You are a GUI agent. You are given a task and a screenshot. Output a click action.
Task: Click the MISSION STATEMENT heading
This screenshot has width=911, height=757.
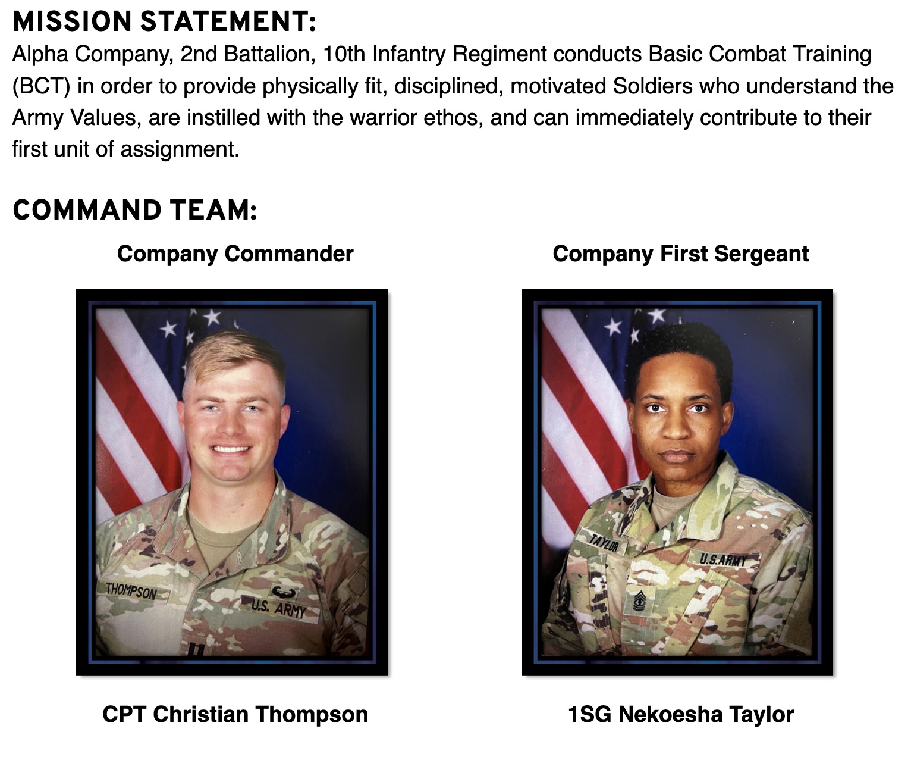click(x=164, y=22)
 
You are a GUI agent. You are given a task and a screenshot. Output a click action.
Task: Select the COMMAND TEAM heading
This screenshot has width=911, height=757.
click(x=135, y=210)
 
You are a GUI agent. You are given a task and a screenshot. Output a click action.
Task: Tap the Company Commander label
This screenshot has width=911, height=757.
click(x=235, y=254)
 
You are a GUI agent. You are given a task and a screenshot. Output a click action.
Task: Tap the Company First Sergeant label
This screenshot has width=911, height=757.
click(x=681, y=254)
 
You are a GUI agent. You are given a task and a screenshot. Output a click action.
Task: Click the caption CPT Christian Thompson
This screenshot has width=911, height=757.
click(x=235, y=715)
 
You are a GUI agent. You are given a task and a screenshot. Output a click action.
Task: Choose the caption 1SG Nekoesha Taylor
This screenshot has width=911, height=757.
click(x=681, y=715)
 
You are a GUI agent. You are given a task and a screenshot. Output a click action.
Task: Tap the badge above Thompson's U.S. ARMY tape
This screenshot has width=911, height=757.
click(x=283, y=592)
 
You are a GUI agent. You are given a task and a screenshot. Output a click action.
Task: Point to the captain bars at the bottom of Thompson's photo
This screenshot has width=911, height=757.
click(x=196, y=651)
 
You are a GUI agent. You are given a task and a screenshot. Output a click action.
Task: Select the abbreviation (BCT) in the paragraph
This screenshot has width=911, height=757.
click(x=42, y=86)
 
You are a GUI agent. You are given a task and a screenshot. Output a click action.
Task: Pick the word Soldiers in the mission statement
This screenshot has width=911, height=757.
click(x=653, y=86)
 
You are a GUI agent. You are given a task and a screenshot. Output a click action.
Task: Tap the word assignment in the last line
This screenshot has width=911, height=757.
click(x=180, y=150)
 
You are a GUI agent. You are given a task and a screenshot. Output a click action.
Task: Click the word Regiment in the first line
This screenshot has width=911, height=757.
click(x=499, y=55)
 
